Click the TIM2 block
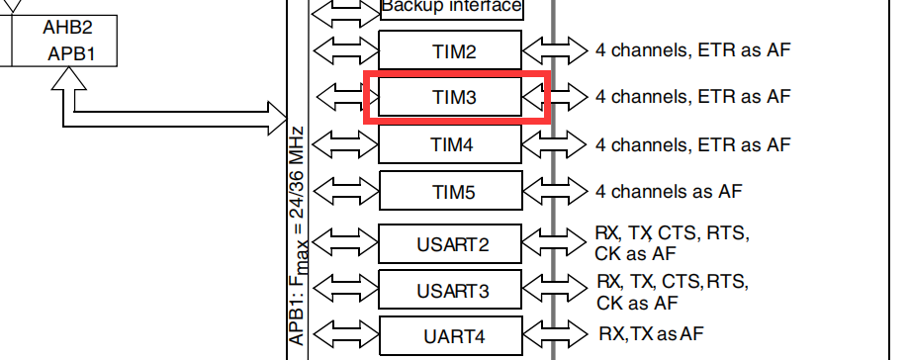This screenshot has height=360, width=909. point(450,49)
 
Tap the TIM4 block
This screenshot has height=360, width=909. point(450,144)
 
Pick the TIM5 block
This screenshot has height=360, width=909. point(450,191)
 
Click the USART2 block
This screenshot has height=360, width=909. point(450,242)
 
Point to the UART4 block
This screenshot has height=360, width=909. point(450,332)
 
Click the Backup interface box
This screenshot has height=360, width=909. point(450,8)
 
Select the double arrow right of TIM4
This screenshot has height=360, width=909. point(554,144)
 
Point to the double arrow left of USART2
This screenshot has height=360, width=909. point(345,242)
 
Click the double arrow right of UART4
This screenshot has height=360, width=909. point(554,332)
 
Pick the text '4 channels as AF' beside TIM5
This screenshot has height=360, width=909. point(668,191)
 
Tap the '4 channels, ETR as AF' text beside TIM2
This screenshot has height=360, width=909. point(692,49)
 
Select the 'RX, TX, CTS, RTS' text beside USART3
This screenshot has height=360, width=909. point(673,281)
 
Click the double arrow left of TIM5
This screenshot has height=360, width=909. point(345,191)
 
